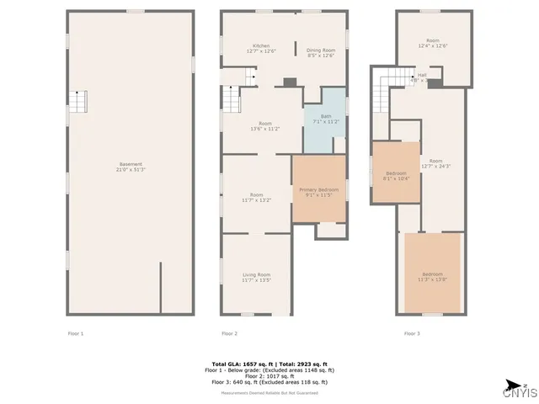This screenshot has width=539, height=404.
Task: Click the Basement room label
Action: [130, 167]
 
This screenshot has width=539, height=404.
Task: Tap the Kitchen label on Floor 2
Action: [261, 49]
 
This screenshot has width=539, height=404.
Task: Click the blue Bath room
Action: [324, 120]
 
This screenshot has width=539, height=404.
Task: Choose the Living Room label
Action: [257, 277]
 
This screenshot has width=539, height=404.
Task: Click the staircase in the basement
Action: [77, 102]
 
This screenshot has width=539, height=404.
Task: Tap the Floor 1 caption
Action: [76, 334]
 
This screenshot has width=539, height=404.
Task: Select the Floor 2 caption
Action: [229, 334]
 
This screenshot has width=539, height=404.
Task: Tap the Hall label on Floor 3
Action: [421, 77]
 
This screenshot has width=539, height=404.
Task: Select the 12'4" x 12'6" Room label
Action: [432, 44]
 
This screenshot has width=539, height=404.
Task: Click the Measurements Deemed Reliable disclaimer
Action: [269, 393]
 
